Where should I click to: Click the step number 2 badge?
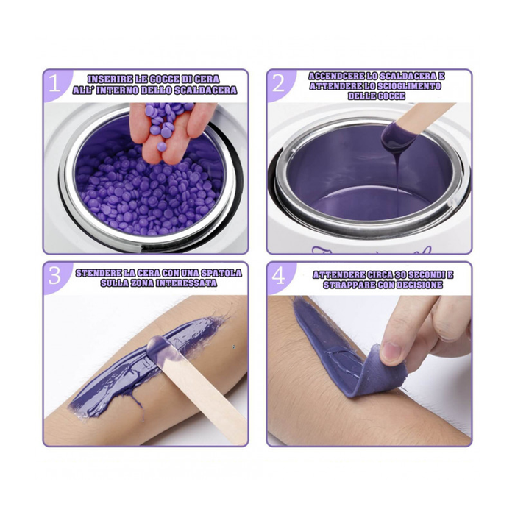[278, 83]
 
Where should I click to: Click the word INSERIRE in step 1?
[109, 79]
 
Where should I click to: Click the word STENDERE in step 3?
[99, 273]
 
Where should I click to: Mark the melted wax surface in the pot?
[368, 180]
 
